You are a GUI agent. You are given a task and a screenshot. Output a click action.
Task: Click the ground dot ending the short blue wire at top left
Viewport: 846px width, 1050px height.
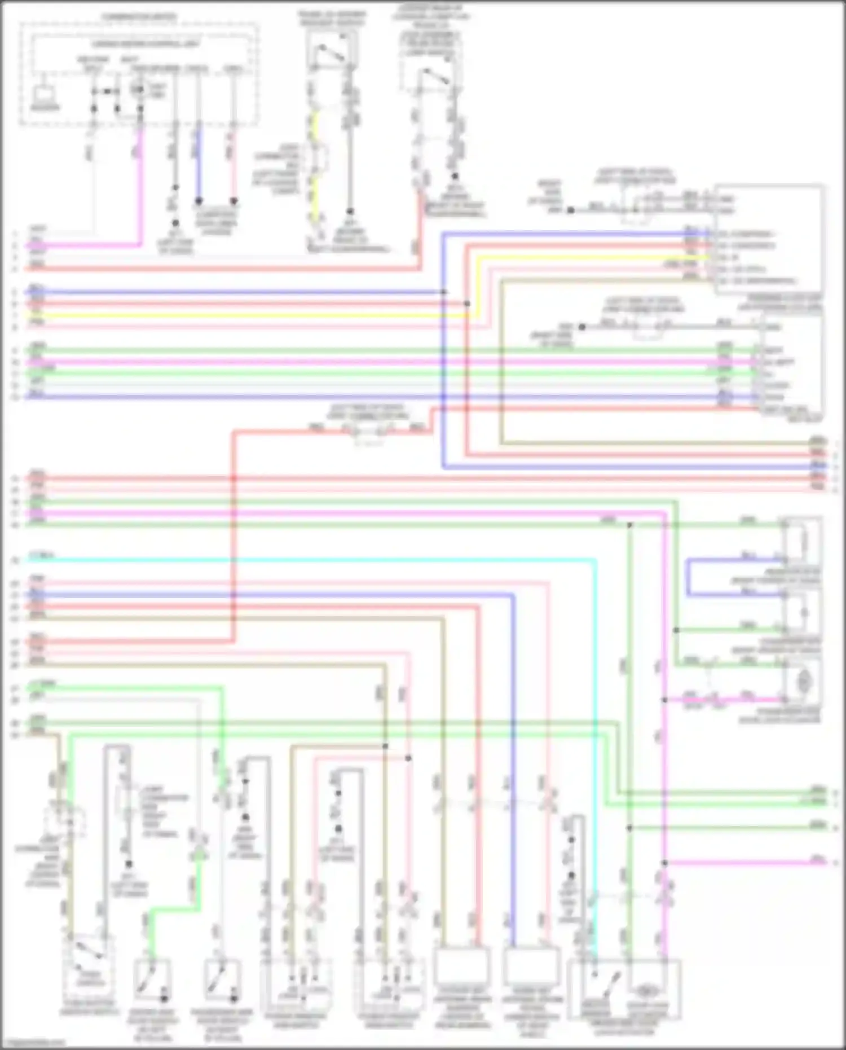click(199, 200)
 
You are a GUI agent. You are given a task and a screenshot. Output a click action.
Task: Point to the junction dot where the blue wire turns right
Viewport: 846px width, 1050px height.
click(444, 292)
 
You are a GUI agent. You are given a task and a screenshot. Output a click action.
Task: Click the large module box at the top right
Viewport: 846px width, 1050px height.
click(768, 240)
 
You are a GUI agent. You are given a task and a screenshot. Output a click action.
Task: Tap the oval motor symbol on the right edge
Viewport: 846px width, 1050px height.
click(803, 683)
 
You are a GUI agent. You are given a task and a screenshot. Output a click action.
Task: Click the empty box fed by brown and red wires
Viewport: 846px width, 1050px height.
click(462, 965)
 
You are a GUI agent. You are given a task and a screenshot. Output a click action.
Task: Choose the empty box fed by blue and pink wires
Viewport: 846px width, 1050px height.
click(531, 965)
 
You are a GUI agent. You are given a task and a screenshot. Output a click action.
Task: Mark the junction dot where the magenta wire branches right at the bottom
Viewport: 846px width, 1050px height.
click(665, 863)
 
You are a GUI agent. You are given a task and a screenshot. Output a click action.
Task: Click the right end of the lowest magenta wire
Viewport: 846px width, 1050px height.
click(825, 862)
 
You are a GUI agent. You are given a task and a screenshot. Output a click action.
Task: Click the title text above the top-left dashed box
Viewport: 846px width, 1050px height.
click(139, 17)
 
